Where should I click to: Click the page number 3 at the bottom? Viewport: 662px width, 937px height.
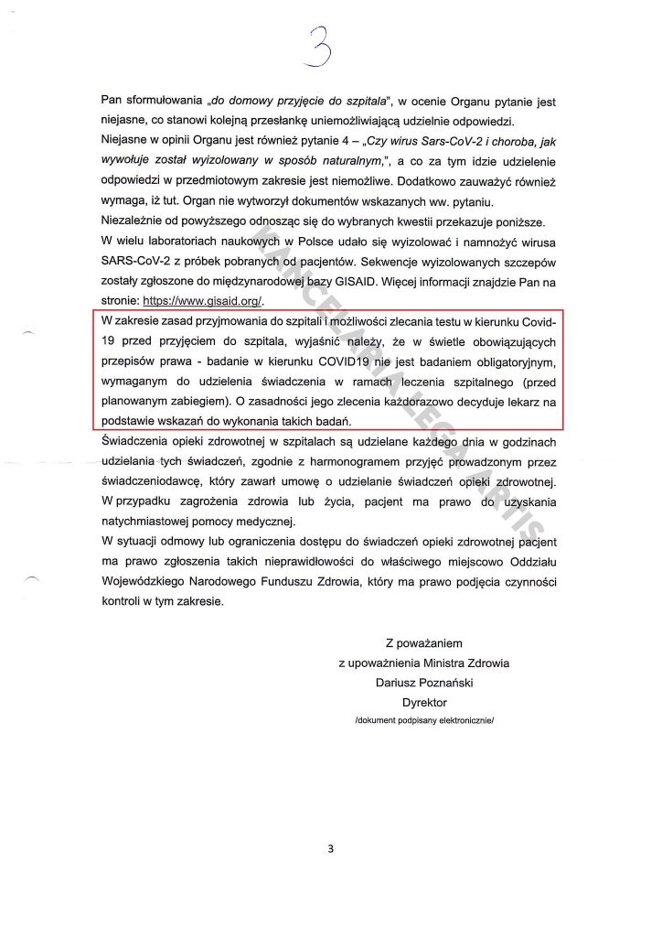pos(331,848)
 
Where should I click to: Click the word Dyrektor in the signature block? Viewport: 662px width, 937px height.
pos(424,703)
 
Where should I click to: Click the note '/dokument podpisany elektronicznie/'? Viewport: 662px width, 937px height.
pos(424,722)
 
